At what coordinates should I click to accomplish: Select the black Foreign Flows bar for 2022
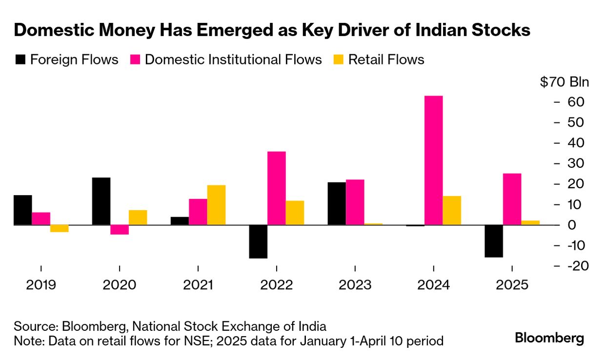258,241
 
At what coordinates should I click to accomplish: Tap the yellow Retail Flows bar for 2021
216,205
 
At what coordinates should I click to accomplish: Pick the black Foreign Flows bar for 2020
101,201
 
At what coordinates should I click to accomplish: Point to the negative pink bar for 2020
120,230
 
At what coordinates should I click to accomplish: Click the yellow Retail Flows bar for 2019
60,228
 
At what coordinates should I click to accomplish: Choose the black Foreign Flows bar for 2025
493,241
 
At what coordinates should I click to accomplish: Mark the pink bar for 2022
277,188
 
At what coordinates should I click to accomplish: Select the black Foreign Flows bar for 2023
337,203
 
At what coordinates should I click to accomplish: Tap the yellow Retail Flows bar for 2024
452,210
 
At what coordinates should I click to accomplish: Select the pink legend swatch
135,60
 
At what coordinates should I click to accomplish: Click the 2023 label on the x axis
355,285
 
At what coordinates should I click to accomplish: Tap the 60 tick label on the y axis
575,102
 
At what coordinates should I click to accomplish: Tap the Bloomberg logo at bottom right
549,338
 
